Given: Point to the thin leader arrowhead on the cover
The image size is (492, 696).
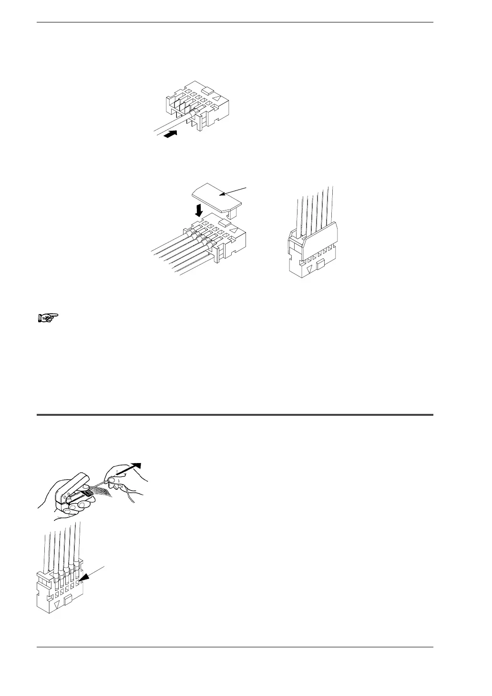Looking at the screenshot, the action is click(224, 195).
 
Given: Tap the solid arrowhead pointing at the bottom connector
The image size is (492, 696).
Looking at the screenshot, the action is click(85, 578).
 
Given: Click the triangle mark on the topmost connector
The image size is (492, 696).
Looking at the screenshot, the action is click(217, 98).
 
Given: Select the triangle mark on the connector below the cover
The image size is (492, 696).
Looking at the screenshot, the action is click(234, 230).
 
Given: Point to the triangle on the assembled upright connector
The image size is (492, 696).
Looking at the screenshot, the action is click(309, 269).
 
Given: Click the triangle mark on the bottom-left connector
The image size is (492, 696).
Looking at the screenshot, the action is click(57, 604).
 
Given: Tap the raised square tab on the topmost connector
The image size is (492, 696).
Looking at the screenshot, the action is click(207, 90).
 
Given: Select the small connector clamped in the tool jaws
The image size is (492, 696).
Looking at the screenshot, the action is click(83, 492).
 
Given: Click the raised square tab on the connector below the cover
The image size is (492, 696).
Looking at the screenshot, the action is click(224, 221).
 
